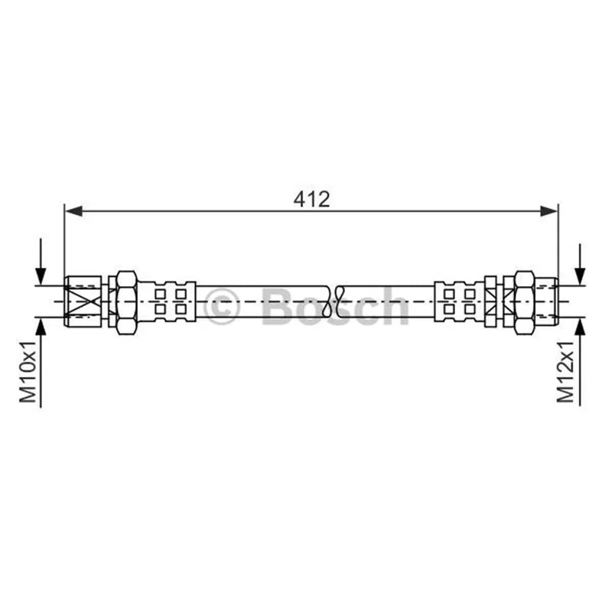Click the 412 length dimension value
(311, 199)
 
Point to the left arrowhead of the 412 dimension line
(73, 211)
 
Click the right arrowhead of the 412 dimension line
(549, 211)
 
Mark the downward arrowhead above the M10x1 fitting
(41, 276)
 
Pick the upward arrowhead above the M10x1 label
(41, 327)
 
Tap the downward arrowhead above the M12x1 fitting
(581, 276)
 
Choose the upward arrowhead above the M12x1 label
(581, 327)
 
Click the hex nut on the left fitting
(126, 302)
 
